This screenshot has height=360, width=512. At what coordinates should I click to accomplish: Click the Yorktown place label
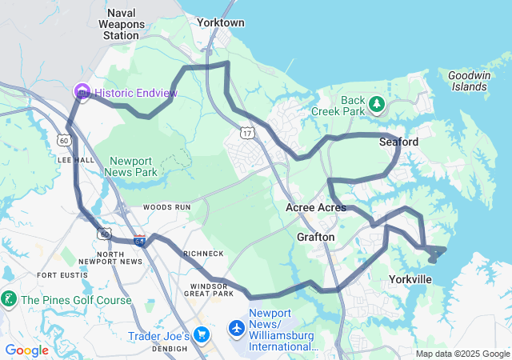pyautogui.click(x=220, y=22)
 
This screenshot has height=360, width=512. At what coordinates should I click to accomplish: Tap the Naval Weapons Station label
pyautogui.click(x=121, y=24)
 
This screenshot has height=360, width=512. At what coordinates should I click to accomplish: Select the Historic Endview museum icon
pyautogui.click(x=82, y=93)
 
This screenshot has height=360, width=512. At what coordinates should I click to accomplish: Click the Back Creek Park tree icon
pyautogui.click(x=376, y=104)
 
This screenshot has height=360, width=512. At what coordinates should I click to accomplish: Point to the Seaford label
pyautogui.click(x=398, y=142)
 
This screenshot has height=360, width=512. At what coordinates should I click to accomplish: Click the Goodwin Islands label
pyautogui.click(x=467, y=80)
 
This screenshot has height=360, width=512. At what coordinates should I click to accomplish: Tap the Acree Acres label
pyautogui.click(x=316, y=207)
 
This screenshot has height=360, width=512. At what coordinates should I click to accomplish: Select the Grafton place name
pyautogui.click(x=315, y=237)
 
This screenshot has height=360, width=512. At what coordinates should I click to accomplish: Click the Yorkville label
pyautogui.click(x=410, y=279)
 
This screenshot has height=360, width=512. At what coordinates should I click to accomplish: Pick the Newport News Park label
pyautogui.click(x=134, y=166)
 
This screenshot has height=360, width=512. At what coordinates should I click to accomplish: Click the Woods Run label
pyautogui.click(x=166, y=206)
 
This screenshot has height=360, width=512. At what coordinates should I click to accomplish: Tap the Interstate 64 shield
pyautogui.click(x=139, y=240)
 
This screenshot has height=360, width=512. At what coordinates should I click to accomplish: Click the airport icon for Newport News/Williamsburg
pyautogui.click(x=237, y=328)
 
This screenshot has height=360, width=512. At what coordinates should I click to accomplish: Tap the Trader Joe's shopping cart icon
pyautogui.click(x=202, y=335)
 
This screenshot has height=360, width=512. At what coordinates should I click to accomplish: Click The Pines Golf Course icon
pyautogui.click(x=9, y=300)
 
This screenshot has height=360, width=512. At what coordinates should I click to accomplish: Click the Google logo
pyautogui.click(x=27, y=350)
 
